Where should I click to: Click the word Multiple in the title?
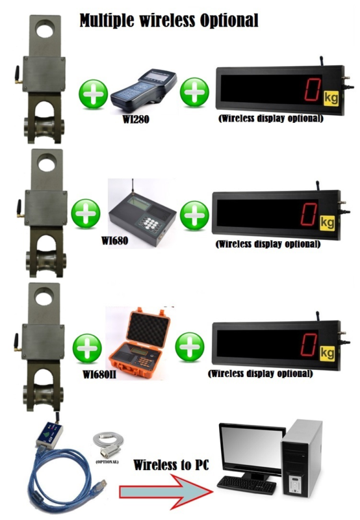tap(107, 21)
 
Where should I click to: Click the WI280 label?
tap(136, 119)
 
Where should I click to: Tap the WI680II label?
tap(99, 375)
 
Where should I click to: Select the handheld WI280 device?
tap(143, 92)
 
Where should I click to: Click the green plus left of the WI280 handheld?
tap(93, 94)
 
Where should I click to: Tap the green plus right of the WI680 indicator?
tap(194, 215)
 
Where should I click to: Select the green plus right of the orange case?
tap(190, 347)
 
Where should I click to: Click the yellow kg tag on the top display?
tap(331, 98)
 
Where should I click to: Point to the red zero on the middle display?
tap(309, 214)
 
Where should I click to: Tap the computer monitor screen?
tap(251, 447)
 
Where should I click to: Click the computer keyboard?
tap(247, 485)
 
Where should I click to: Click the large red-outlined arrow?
tap(166, 491)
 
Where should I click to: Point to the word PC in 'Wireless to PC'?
tap(201, 465)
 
